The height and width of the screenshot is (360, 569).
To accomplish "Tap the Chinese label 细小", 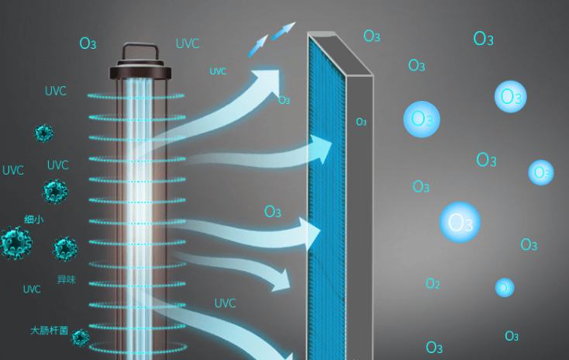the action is point(34,220).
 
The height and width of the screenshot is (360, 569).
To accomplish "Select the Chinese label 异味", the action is point(66,279).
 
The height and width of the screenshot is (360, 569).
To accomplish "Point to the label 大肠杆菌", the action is point(49,331).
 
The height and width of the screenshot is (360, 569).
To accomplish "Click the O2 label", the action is point(433,284).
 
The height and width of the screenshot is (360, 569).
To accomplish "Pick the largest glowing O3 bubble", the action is point(460,223).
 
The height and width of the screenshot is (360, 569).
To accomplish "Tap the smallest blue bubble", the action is point(505,287).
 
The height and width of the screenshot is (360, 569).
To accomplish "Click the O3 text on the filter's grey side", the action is point(361,122).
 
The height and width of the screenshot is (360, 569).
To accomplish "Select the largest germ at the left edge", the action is point(13,243).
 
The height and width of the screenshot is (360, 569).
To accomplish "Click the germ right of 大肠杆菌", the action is point(80,336).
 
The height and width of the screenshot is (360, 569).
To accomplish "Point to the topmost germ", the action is point(44,133).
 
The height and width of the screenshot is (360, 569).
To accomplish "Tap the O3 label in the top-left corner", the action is point(88,43).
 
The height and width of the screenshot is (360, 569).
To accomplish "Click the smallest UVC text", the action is point(218,71).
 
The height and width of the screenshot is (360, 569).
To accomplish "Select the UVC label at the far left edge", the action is point(13,171).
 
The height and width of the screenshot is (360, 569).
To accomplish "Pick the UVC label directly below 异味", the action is point(32,289).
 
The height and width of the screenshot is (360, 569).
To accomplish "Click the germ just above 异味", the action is point(65,249).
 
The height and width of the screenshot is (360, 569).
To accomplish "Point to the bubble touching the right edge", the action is point(541,172).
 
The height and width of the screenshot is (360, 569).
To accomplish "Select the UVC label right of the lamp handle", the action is point(188,43).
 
